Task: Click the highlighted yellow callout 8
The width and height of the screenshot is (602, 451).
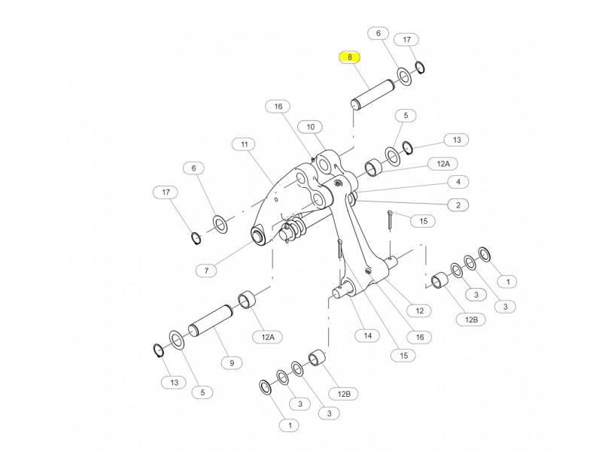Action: coord(350,57)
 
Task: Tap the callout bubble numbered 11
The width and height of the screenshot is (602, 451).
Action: coord(244,144)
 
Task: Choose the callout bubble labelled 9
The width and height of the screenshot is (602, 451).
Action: coord(232,362)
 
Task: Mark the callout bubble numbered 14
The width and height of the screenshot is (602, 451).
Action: coord(367,335)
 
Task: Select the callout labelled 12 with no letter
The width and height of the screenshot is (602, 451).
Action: coord(419,310)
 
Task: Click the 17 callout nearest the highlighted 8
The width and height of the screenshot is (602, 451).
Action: coord(407,39)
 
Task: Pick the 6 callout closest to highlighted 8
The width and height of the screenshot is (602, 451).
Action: coord(378,33)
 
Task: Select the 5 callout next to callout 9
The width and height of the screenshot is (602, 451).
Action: coord(202,392)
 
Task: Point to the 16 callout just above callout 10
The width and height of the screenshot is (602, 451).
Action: coord(278,107)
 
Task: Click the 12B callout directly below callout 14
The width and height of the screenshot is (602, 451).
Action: coord(344,393)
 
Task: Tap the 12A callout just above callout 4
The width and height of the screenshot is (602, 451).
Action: coord(442,163)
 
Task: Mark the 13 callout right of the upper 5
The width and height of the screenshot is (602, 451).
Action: coord(456,140)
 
